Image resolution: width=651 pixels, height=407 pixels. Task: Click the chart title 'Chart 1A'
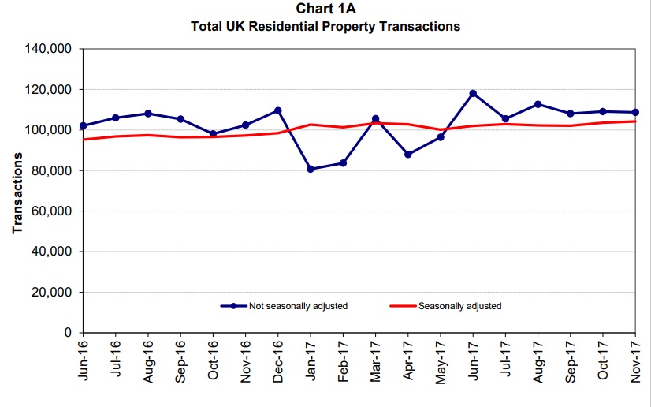[x=325, y=9]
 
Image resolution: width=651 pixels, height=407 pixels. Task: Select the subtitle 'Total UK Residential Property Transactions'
[x=325, y=26]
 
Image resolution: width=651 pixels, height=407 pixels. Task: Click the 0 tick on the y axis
[x=68, y=333]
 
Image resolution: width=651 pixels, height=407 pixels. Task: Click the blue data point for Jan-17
[x=310, y=169]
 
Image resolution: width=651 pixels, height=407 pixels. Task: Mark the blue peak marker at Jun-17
[x=473, y=93]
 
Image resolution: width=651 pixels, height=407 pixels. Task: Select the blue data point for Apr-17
[x=407, y=155]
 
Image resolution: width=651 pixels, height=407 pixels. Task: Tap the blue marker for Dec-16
[x=277, y=110]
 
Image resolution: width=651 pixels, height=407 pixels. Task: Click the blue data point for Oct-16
[x=213, y=134]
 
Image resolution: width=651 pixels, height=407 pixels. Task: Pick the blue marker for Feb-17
[x=343, y=163]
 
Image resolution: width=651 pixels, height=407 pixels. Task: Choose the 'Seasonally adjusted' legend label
[x=459, y=306]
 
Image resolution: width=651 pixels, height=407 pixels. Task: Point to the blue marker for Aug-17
[x=538, y=104]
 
